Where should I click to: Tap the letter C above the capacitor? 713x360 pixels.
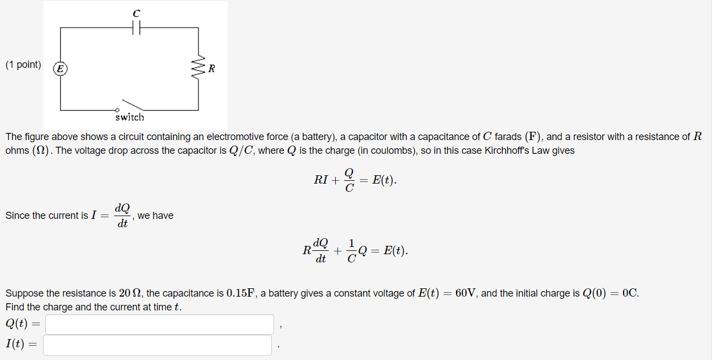(136, 12)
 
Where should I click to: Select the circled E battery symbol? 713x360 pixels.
(60, 68)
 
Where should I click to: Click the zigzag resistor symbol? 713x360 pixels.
(199, 68)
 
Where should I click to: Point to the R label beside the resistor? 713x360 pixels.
(211, 69)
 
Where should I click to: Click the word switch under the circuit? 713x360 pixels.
(130, 117)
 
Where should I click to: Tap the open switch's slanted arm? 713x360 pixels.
(133, 104)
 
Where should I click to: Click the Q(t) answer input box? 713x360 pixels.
(159, 324)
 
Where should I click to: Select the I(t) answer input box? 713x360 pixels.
(158, 345)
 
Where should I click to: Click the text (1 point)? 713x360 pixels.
(23, 65)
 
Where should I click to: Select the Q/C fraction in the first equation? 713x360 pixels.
(349, 180)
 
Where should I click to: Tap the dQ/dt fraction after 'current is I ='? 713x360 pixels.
(123, 216)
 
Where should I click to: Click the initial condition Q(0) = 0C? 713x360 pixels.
(610, 293)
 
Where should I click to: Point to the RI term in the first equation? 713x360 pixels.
(321, 180)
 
